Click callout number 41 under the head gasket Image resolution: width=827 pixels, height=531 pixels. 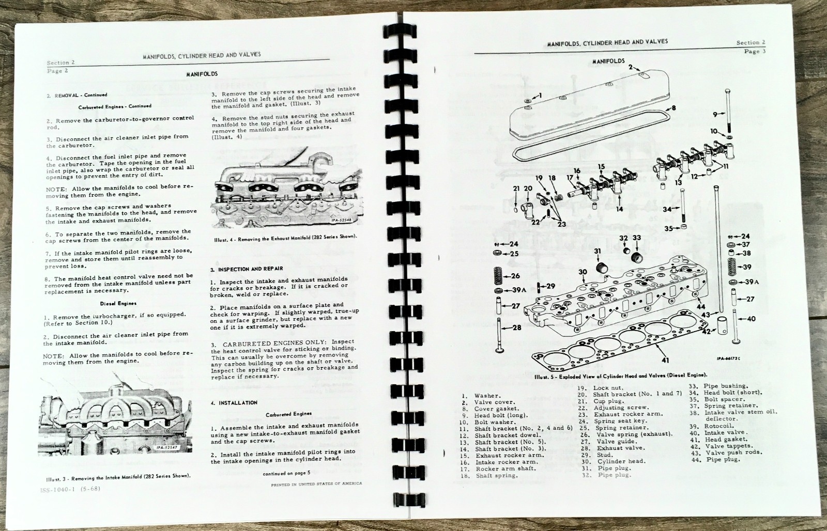665,360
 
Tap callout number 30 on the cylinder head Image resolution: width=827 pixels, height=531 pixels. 583,272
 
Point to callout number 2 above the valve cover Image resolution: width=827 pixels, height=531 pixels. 630,67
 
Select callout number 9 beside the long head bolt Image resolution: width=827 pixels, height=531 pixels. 714,114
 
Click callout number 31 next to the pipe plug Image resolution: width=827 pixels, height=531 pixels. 598,252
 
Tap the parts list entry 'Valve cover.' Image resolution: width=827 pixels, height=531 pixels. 494,402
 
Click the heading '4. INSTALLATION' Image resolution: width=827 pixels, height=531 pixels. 234,402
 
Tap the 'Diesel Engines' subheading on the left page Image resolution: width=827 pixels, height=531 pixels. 119,303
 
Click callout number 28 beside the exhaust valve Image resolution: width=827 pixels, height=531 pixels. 517,327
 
